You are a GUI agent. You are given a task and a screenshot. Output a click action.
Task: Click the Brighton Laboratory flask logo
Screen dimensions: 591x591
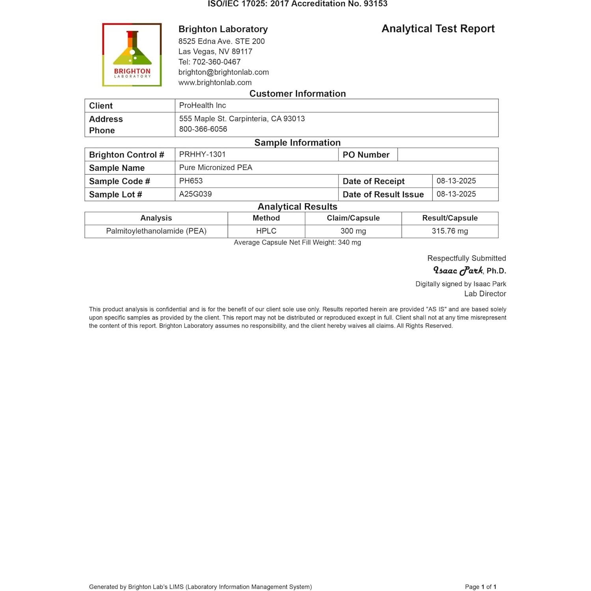tap(132, 54)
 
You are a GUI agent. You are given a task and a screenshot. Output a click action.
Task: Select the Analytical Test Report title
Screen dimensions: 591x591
tap(438, 29)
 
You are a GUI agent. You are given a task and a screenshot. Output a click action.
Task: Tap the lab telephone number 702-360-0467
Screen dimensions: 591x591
tap(216, 62)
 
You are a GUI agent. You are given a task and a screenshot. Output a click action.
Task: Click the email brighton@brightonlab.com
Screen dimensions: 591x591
tap(224, 72)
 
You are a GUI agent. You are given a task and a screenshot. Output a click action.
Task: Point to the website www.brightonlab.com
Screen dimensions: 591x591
tap(215, 82)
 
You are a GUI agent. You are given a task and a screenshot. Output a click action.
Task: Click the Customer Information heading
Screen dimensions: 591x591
tap(297, 93)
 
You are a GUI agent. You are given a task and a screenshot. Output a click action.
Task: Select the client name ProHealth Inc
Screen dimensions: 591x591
tap(202, 105)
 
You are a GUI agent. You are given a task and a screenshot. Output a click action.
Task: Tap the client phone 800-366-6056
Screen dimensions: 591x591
tap(203, 129)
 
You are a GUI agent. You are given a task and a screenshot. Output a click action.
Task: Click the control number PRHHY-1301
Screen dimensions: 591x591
tap(202, 154)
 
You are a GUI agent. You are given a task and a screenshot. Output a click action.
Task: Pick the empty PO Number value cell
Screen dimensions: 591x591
tap(447, 155)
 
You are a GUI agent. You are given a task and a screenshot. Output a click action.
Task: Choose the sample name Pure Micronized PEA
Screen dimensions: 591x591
tap(216, 168)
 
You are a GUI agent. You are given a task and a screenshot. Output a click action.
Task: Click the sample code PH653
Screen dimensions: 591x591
tap(191, 181)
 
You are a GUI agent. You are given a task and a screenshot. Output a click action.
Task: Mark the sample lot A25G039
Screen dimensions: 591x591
tap(195, 194)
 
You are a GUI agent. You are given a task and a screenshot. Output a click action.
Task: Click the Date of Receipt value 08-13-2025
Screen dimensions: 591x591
tap(456, 181)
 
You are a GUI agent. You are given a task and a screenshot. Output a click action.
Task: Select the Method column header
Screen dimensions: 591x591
tap(266, 218)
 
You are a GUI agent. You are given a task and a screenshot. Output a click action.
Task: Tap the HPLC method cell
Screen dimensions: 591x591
tap(266, 231)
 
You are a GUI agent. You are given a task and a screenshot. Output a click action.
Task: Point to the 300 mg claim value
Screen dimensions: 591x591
tap(353, 231)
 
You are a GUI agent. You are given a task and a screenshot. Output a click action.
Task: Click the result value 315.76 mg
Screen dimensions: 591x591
tap(449, 231)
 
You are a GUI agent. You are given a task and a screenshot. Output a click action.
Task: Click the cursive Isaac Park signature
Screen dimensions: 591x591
tap(458, 270)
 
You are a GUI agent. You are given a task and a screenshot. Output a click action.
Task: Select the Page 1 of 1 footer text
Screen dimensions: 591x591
tap(480, 587)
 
